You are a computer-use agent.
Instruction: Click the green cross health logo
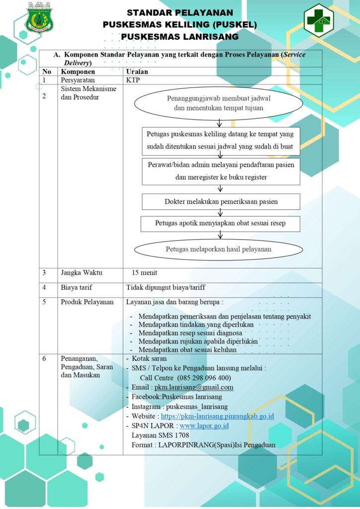tap(318, 20)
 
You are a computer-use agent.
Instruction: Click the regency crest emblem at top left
tap(40, 18)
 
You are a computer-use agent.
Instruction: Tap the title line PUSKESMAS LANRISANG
tap(180, 37)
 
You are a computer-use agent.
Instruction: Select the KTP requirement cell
tap(133, 80)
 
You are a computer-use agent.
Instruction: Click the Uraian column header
tap(137, 72)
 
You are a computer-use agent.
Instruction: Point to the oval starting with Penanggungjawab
tap(219, 103)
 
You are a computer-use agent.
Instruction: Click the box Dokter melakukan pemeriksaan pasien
tap(221, 202)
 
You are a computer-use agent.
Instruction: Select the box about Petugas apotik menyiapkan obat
tap(220, 224)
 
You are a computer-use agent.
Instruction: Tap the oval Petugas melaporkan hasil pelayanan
tap(218, 250)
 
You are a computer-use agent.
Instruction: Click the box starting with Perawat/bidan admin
tap(221, 171)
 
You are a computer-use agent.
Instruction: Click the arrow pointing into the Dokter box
tap(220, 189)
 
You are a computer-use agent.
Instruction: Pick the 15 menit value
tap(145, 273)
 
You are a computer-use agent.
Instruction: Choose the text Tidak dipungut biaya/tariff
tap(166, 288)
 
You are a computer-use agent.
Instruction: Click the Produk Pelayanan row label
tap(87, 302)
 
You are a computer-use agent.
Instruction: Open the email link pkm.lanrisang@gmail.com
tap(194, 387)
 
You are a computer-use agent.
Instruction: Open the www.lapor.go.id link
tap(204, 426)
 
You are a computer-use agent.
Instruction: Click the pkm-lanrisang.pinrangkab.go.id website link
tap(217, 416)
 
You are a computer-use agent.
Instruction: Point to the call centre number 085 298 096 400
tap(204, 378)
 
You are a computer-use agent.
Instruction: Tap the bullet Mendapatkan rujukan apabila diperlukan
tap(198, 341)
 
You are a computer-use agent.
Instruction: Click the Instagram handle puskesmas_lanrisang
tap(197, 407)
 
